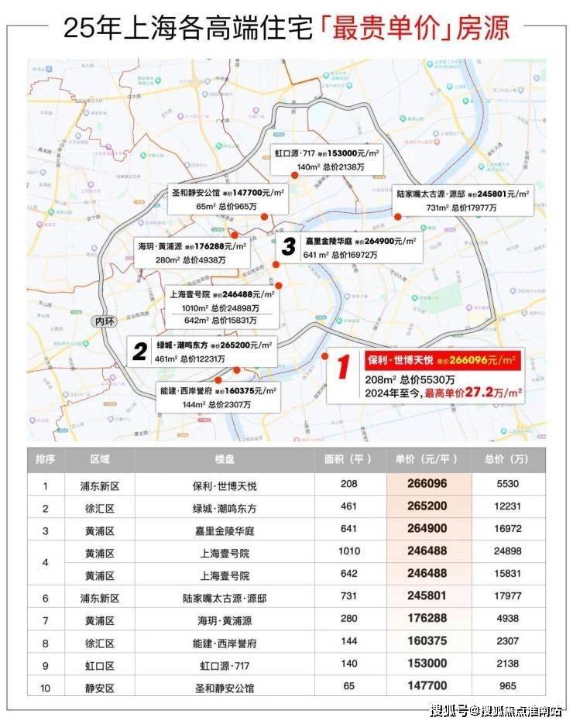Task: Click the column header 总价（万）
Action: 507,460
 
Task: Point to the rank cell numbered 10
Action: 45,686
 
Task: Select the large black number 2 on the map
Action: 139,352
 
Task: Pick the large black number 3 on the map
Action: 289,247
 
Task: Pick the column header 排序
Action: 45,460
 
